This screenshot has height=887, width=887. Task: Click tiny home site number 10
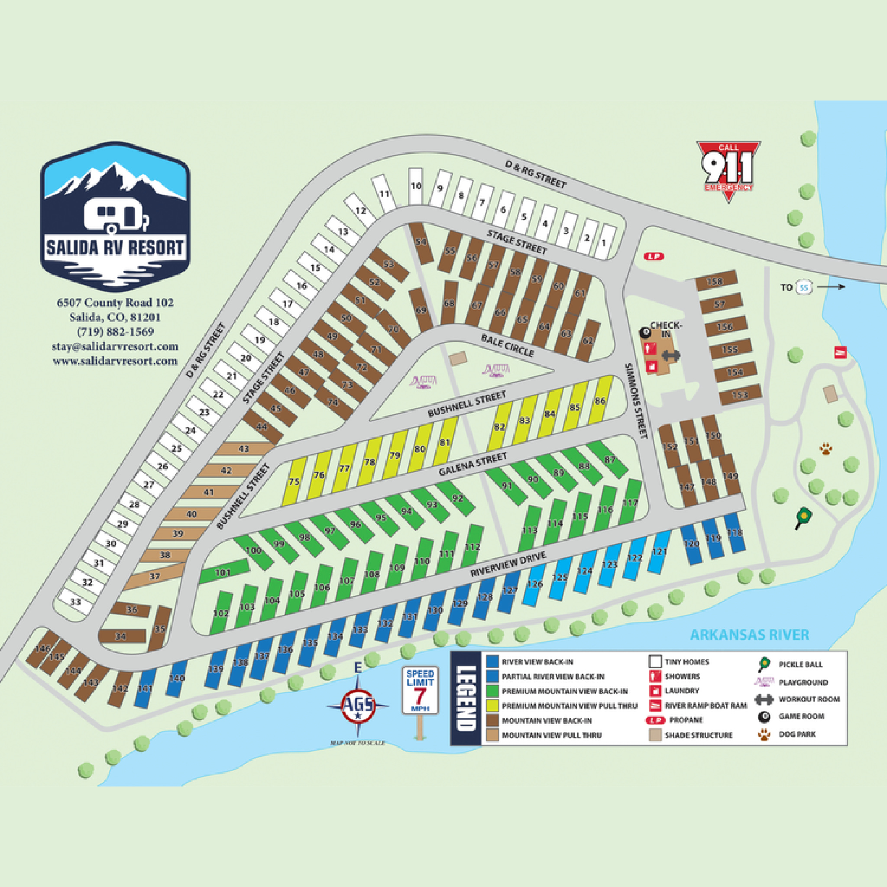pos(415,186)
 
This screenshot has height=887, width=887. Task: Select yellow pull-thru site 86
pos(600,400)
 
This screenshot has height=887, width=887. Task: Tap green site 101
pos(223,573)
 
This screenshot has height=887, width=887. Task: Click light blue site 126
pos(535,584)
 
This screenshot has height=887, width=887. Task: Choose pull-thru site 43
pos(244,449)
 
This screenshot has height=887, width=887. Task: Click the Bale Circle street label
pos(508,345)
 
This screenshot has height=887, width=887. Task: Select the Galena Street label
pos(473,464)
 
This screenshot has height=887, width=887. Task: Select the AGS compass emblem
pos(359,705)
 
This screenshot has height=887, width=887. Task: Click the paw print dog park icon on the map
pos(826,449)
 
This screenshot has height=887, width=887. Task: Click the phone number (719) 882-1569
pos(115,331)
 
